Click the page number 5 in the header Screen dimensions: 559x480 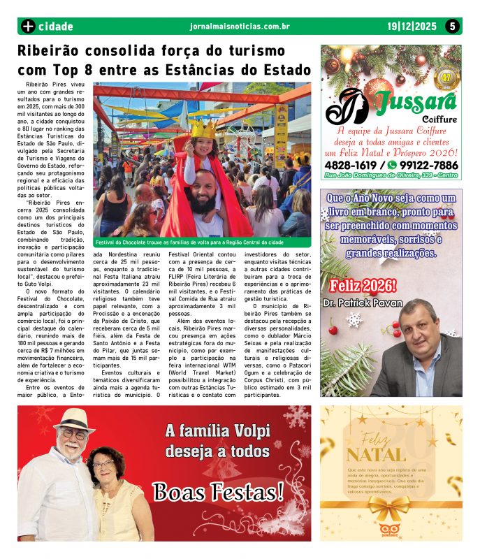click(453, 27)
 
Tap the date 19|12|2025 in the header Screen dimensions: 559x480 click(412, 27)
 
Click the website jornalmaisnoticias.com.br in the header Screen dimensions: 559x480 click(240, 27)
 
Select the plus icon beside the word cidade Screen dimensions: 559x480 click(28, 27)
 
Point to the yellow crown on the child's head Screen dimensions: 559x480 click(203, 129)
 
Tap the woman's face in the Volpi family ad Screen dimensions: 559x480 click(103, 465)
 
